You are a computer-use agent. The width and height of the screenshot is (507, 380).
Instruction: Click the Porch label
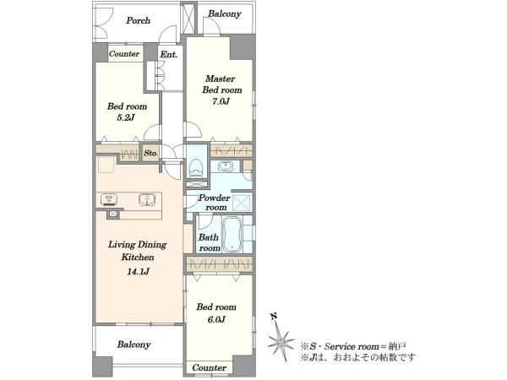coord(138,20)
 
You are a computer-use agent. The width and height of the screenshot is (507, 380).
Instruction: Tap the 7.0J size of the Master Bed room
coord(221,101)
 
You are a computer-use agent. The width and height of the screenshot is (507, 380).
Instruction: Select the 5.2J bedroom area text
coord(126,117)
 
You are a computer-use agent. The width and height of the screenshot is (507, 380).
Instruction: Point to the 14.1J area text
coord(138,271)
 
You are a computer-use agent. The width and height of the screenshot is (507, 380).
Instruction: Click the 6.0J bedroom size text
coord(216,319)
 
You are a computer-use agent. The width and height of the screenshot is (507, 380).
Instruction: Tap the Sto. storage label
coord(150,153)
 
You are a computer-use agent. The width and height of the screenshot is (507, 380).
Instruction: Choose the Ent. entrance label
coord(169,55)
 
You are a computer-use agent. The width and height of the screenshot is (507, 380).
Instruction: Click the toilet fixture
coord(196,168)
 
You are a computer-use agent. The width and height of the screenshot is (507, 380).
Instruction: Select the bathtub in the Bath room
coord(232,234)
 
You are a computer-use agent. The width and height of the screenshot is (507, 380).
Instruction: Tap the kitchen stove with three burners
coord(109,199)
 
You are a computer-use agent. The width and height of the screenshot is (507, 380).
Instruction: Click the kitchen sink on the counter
coord(147,199)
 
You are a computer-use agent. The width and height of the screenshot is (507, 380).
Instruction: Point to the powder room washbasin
coord(225,166)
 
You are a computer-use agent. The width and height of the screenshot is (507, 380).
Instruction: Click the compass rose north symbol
coord(281,341)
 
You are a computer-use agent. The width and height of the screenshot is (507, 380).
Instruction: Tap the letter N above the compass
coord(274,316)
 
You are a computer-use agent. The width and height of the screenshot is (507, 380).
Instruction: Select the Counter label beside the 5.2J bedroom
coord(124,54)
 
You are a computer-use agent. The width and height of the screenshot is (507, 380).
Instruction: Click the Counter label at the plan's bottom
coord(210,367)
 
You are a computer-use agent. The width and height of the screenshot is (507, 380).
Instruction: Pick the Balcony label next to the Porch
coord(225,14)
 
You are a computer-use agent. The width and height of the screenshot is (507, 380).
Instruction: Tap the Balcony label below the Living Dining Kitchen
coord(134,345)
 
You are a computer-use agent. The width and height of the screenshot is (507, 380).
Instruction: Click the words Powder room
coord(215,203)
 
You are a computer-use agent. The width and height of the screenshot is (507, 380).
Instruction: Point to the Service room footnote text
coord(353,347)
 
